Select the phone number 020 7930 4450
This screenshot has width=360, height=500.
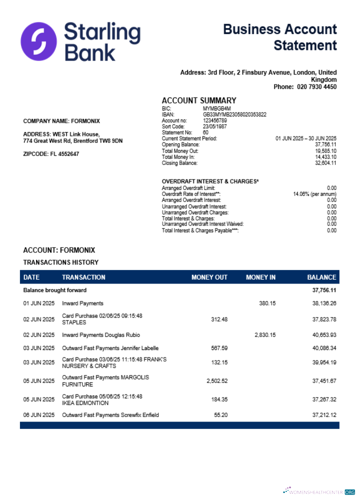(x=317, y=87)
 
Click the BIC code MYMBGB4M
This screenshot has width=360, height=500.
(x=217, y=108)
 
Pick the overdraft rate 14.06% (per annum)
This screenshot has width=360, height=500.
(x=314, y=194)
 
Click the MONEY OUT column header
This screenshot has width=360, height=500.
(x=209, y=277)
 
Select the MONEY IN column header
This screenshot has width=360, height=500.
(x=260, y=277)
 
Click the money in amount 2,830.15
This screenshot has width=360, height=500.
(x=265, y=335)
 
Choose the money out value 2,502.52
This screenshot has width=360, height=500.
(x=217, y=381)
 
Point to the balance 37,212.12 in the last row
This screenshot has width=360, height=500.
(x=324, y=415)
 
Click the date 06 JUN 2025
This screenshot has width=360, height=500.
(x=39, y=415)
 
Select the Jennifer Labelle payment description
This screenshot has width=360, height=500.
(x=110, y=348)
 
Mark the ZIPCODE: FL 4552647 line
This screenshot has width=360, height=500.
(x=51, y=154)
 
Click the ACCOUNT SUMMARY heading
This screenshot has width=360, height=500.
(x=199, y=100)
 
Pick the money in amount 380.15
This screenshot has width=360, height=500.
(x=267, y=303)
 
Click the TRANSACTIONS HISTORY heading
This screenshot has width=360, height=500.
(x=61, y=262)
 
